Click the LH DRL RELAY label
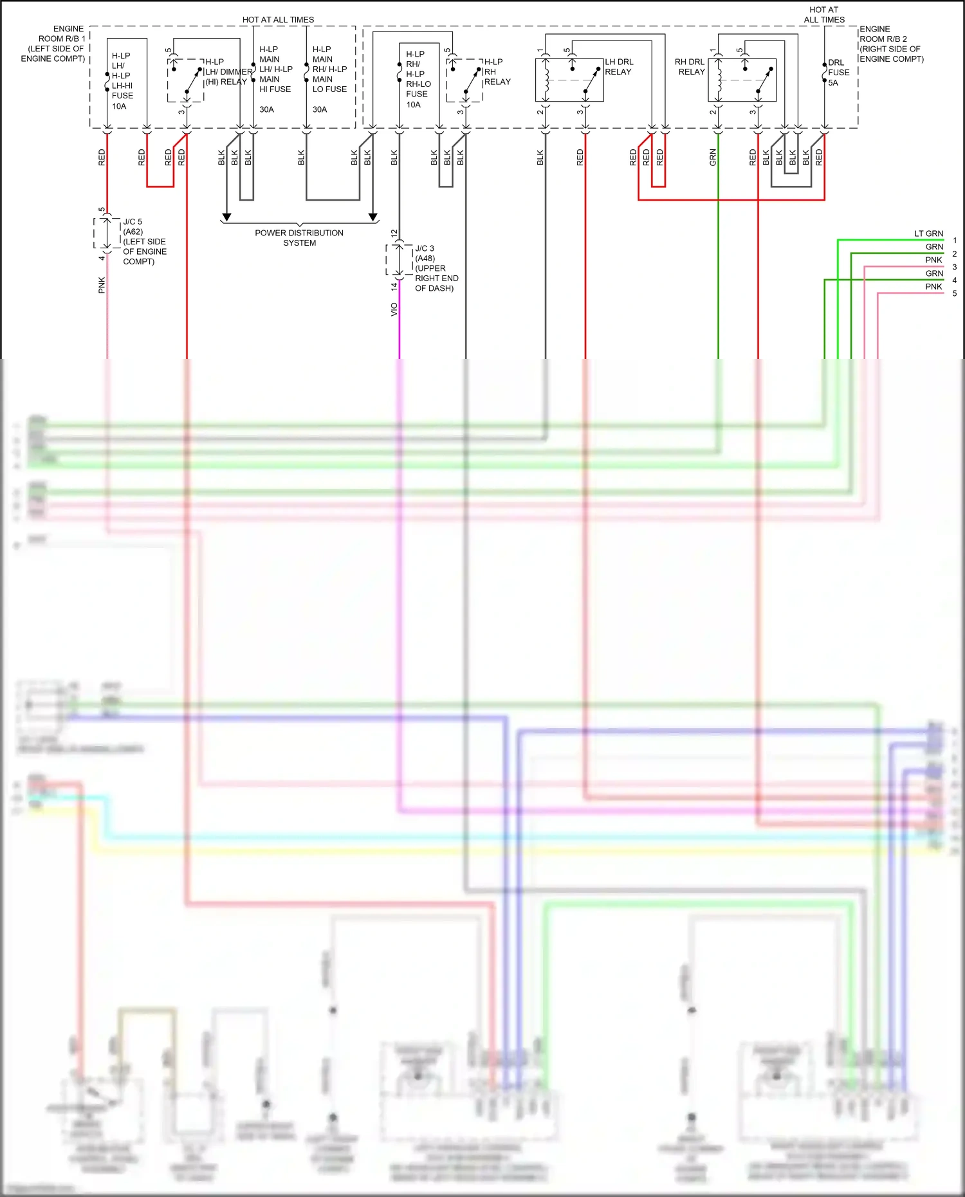coord(619,67)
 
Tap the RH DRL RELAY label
coord(690,67)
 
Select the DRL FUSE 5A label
coord(838,73)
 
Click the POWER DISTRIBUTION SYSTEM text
coord(299,238)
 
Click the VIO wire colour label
coord(394,309)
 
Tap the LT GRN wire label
coord(928,233)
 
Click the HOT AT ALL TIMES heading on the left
coord(278,20)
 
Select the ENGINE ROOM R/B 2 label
coord(891,44)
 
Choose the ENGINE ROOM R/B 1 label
coord(53,44)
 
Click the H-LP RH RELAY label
coord(497,72)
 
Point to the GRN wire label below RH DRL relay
coord(713,158)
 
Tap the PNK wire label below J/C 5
coord(102,285)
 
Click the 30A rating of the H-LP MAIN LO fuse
coord(320,109)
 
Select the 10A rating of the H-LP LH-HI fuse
coord(119,106)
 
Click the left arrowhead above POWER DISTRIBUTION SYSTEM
coord(226,217)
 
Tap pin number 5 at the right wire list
coord(955,293)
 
